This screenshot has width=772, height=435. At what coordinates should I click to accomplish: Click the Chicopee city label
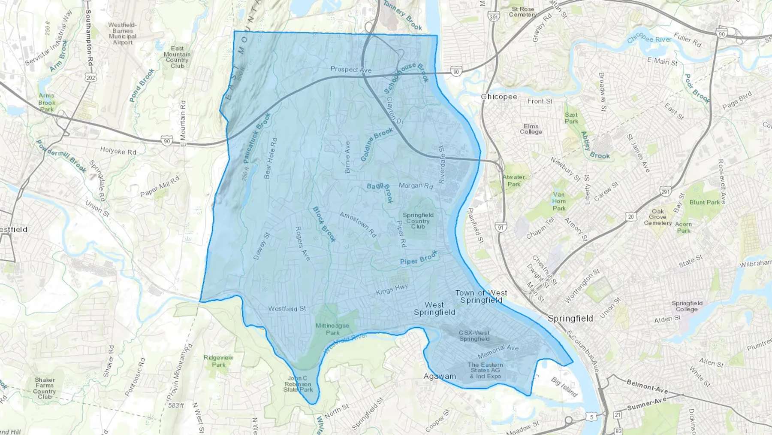coord(499,97)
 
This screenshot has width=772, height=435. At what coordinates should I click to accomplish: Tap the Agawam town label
coord(439,377)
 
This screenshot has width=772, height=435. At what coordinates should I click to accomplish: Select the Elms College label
coord(531,129)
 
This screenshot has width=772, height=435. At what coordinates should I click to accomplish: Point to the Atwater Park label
coord(514,180)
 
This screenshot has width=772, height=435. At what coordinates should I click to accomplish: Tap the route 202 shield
coord(91,78)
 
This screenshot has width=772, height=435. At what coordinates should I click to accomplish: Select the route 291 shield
coord(666,192)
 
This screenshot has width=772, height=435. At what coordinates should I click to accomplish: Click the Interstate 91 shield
coord(500,227)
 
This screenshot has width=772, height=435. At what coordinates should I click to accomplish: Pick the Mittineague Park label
coord(332,329)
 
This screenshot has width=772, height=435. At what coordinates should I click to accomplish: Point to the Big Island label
coord(564,387)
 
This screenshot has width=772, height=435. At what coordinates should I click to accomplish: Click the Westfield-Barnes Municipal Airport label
coord(123,33)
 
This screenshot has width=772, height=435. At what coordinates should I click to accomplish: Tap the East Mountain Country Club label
coord(177,57)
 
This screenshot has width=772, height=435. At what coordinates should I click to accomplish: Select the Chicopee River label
coord(649,40)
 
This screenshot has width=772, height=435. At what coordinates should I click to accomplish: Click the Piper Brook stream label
coord(419,258)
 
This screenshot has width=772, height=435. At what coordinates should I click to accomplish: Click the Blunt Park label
coord(705,202)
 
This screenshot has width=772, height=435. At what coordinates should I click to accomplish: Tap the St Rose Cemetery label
coord(523,12)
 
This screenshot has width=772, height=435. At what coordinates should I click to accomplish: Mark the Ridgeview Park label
coord(218,361)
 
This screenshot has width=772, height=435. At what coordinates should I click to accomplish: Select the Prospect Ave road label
coord(351,69)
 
